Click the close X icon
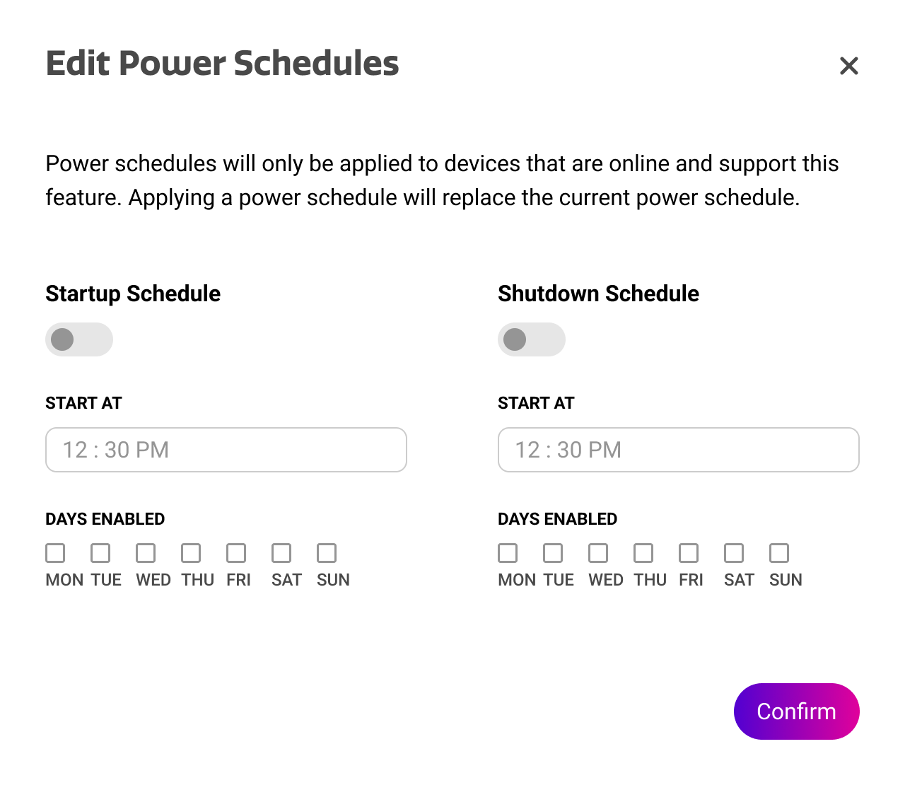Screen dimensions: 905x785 tap(848, 66)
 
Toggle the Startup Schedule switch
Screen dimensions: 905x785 tap(79, 339)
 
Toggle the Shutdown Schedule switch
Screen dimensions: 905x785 tap(532, 339)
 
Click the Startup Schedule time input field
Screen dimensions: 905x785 tap(226, 450)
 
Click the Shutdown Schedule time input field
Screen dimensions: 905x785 tap(678, 450)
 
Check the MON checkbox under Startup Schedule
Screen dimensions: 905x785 tap(55, 553)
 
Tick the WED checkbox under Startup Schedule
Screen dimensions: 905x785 tap(146, 553)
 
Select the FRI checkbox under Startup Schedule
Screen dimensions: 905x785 tap(236, 553)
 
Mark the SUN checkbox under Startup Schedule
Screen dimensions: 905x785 tap(327, 553)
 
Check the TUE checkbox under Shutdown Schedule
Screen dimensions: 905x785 tap(553, 553)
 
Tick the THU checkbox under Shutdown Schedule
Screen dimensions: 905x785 tap(643, 553)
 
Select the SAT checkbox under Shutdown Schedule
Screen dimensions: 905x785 tap(734, 553)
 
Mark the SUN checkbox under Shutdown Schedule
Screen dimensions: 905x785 tap(779, 553)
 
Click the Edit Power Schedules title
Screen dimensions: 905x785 tap(223, 64)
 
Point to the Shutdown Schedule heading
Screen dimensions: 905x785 tap(599, 293)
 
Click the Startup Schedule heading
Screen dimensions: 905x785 tap(133, 294)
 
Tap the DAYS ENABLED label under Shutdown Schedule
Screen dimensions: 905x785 tap(557, 519)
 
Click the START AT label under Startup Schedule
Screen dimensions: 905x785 tap(83, 403)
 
